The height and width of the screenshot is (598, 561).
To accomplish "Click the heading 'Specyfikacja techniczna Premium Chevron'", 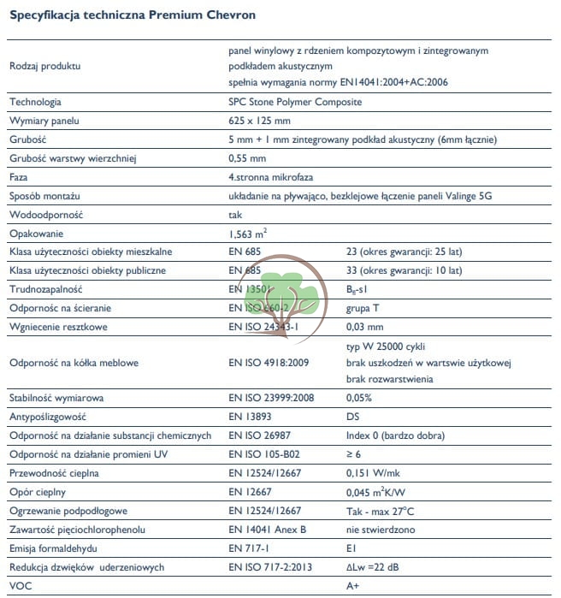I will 132,15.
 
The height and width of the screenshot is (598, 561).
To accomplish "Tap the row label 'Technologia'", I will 35,103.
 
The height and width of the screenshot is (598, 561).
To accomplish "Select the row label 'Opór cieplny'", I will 38,492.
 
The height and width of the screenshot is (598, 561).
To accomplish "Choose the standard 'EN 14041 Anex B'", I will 267,530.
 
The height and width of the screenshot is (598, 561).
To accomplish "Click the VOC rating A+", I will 351,586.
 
